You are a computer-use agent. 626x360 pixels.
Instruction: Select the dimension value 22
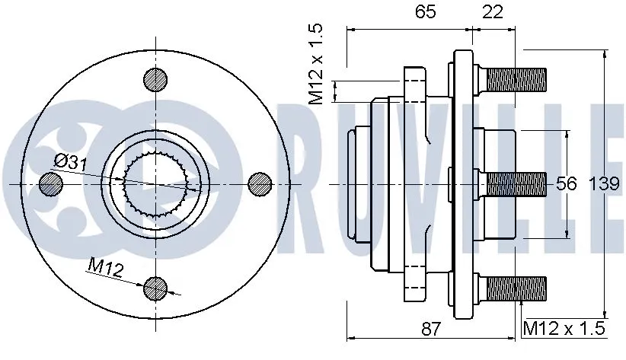tap(493, 12)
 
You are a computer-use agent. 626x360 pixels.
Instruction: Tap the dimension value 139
tap(607, 183)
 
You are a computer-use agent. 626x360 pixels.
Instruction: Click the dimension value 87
tap(430, 329)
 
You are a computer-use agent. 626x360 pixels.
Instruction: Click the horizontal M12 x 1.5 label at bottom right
tap(564, 329)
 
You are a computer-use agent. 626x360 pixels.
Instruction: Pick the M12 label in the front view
tap(104, 266)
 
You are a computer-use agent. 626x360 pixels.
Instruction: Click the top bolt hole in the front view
tap(155, 79)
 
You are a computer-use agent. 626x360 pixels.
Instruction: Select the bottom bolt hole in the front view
tap(155, 287)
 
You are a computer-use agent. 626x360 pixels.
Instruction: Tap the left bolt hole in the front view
tap(51, 183)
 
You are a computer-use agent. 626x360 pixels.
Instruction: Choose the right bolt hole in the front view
tap(260, 183)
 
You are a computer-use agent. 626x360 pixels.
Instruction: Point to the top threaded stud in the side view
tap(515, 78)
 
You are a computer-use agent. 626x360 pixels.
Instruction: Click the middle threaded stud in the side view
tap(515, 183)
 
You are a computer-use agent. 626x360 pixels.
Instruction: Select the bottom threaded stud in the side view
tap(515, 288)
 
